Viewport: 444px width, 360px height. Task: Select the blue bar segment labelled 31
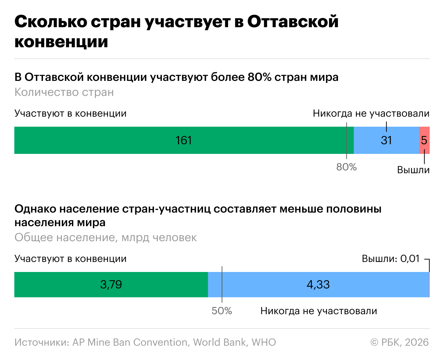[386, 140]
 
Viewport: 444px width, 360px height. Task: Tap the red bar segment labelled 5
[424, 140]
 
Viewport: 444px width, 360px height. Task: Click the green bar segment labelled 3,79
[111, 284]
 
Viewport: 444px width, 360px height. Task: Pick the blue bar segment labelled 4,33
[318, 284]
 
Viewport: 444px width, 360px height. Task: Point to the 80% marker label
[346, 167]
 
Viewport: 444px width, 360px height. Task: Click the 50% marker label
[222, 311]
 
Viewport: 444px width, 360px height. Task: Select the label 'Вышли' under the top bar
[413, 170]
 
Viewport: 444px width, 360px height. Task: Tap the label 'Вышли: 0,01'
[390, 259]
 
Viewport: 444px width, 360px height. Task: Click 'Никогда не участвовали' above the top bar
[371, 113]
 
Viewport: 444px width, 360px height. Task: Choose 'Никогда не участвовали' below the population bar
[319, 311]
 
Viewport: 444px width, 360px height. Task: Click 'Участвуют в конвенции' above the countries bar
[71, 113]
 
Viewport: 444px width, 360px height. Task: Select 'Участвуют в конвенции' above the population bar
[71, 259]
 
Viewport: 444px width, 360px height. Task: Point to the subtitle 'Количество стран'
[64, 92]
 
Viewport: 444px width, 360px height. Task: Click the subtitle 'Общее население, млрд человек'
[106, 238]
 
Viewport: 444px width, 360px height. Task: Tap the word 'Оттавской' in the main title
[293, 22]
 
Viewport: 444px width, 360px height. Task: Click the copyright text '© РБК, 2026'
[399, 342]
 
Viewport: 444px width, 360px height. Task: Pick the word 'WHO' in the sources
[264, 342]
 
